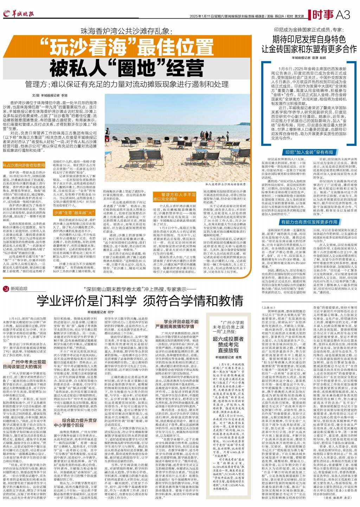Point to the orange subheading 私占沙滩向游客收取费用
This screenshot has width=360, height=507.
(24, 165)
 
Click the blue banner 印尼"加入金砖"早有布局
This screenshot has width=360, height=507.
(309, 152)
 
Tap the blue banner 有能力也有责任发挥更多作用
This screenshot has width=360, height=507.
(309, 222)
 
